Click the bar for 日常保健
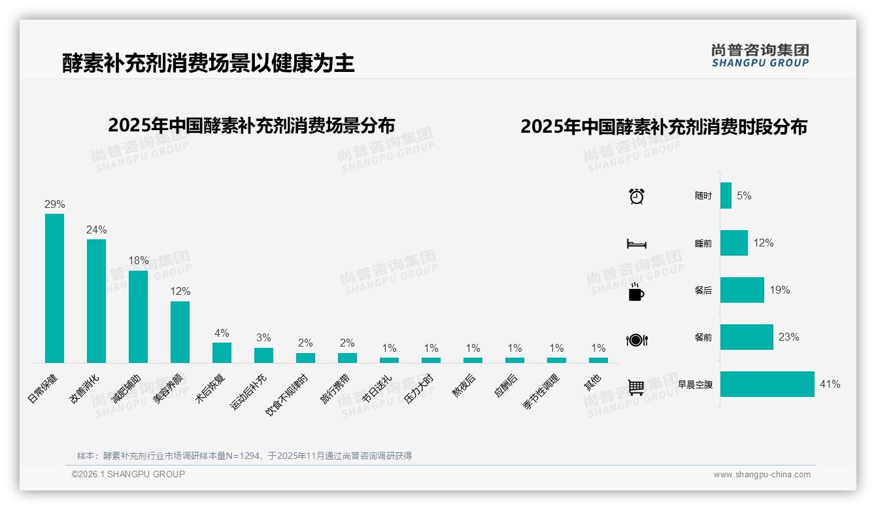54,288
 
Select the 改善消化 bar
96,301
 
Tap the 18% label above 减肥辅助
138,260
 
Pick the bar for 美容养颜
180,331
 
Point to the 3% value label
263,338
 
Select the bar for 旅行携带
347,358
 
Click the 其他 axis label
592,382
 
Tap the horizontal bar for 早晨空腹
767,384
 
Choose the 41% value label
830,384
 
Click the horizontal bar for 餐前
747,337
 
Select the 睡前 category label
703,243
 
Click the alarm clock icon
636,195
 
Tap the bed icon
636,244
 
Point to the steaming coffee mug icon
635,292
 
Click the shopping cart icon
636,387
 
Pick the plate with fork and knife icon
636,339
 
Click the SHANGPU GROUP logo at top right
760,56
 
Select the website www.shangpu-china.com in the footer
762,475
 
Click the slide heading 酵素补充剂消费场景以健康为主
209,63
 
